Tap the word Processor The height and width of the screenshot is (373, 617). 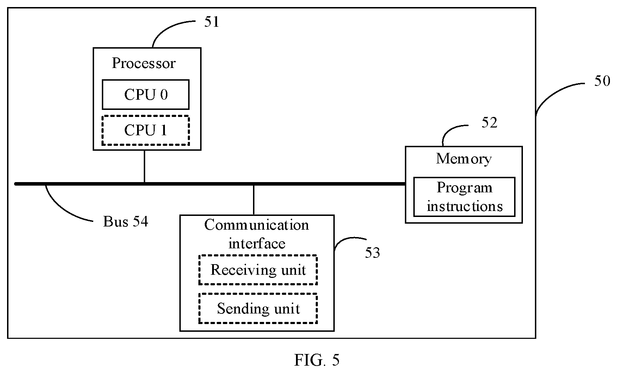143,63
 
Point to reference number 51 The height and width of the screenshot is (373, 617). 212,22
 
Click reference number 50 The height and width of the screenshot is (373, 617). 602,81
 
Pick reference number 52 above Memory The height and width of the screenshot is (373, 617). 489,123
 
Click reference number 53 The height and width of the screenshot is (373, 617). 372,253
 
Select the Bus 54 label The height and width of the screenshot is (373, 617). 125,222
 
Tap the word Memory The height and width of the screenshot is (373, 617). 464,159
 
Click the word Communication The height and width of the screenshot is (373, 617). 257,225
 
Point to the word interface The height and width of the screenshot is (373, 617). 257,243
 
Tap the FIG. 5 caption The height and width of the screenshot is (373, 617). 317,360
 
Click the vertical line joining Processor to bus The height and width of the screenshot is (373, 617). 144,167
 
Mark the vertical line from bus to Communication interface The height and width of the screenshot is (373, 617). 254,200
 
